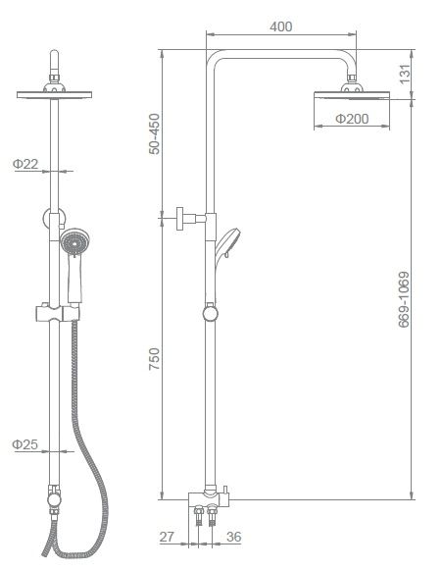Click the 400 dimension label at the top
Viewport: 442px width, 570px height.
(x=280, y=26)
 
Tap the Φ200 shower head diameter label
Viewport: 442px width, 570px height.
(x=352, y=119)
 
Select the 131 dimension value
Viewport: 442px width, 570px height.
(x=405, y=75)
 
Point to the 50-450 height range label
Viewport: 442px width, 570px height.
(x=154, y=133)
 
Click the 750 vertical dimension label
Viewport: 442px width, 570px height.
(x=154, y=359)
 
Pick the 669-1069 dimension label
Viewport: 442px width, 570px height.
(x=404, y=299)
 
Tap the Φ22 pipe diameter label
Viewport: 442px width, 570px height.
(x=25, y=164)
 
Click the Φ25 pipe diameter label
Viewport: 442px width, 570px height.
(x=25, y=444)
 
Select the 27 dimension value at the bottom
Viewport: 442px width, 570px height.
(x=167, y=537)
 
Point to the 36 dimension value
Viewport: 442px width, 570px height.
(x=233, y=537)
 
